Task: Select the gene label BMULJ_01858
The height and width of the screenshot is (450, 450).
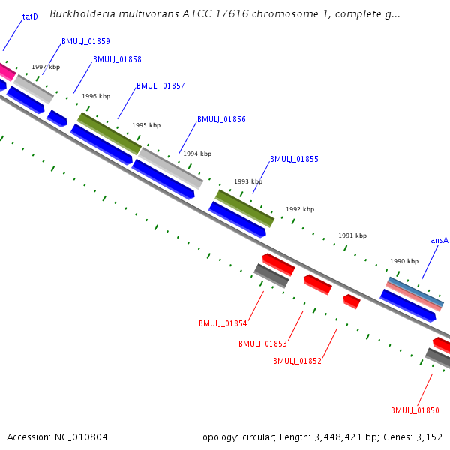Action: point(117,59)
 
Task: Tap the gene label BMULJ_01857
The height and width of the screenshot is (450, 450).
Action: point(160,86)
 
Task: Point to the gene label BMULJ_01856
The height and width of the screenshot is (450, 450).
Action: point(221,119)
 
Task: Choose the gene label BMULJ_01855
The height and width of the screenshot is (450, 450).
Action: point(294,159)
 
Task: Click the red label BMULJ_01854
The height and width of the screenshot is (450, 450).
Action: point(223,323)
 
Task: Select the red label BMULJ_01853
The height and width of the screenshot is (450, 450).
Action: point(262,343)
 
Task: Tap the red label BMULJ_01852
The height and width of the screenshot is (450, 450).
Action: point(297,361)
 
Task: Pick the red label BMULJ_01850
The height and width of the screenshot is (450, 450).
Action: point(415,410)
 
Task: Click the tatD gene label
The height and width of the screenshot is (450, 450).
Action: point(30,16)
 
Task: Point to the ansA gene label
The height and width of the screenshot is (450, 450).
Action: point(439,241)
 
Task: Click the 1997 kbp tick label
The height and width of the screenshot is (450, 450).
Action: point(46,67)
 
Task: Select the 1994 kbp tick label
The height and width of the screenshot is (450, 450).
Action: point(197,153)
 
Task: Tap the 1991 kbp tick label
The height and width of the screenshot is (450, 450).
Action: point(352,235)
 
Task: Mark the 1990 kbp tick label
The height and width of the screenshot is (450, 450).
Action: point(404,261)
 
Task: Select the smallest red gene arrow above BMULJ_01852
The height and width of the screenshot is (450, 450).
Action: point(351,301)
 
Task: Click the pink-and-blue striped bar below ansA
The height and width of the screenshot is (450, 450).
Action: point(415,294)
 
